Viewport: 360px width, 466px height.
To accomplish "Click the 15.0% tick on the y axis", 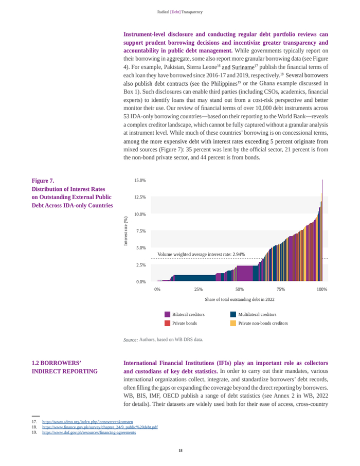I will [x=140, y=181].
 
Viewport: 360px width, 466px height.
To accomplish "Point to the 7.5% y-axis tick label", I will [x=141, y=231].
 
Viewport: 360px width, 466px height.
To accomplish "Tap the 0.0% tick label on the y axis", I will [x=141, y=282].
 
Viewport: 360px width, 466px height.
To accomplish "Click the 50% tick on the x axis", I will [x=240, y=290].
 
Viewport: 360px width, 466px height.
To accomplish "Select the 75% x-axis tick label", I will [x=281, y=290].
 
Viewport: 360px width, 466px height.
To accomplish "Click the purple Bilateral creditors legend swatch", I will [x=168, y=314].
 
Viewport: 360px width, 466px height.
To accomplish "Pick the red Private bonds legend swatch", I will [x=168, y=324].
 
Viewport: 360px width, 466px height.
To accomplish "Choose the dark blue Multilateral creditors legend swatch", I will [x=233, y=314].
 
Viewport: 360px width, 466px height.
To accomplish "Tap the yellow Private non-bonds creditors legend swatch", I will [x=233, y=324].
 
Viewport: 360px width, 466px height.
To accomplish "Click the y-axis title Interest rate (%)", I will [x=125, y=231].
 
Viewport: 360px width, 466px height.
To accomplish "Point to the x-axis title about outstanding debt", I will [x=240, y=299].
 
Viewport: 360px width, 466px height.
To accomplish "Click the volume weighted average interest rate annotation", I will [x=201, y=254].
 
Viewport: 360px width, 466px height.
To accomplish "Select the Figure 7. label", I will [x=43, y=181].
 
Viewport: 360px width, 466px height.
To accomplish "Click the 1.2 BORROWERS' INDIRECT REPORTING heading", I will [x=65, y=367].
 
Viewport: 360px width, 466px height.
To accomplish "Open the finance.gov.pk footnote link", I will [x=100, y=427].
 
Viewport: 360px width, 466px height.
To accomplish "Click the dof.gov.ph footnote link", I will [x=89, y=433].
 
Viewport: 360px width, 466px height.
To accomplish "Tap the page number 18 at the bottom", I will [x=180, y=451].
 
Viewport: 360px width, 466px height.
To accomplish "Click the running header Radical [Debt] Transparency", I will [x=180, y=12].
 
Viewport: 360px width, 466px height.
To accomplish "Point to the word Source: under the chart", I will [x=131, y=340].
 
